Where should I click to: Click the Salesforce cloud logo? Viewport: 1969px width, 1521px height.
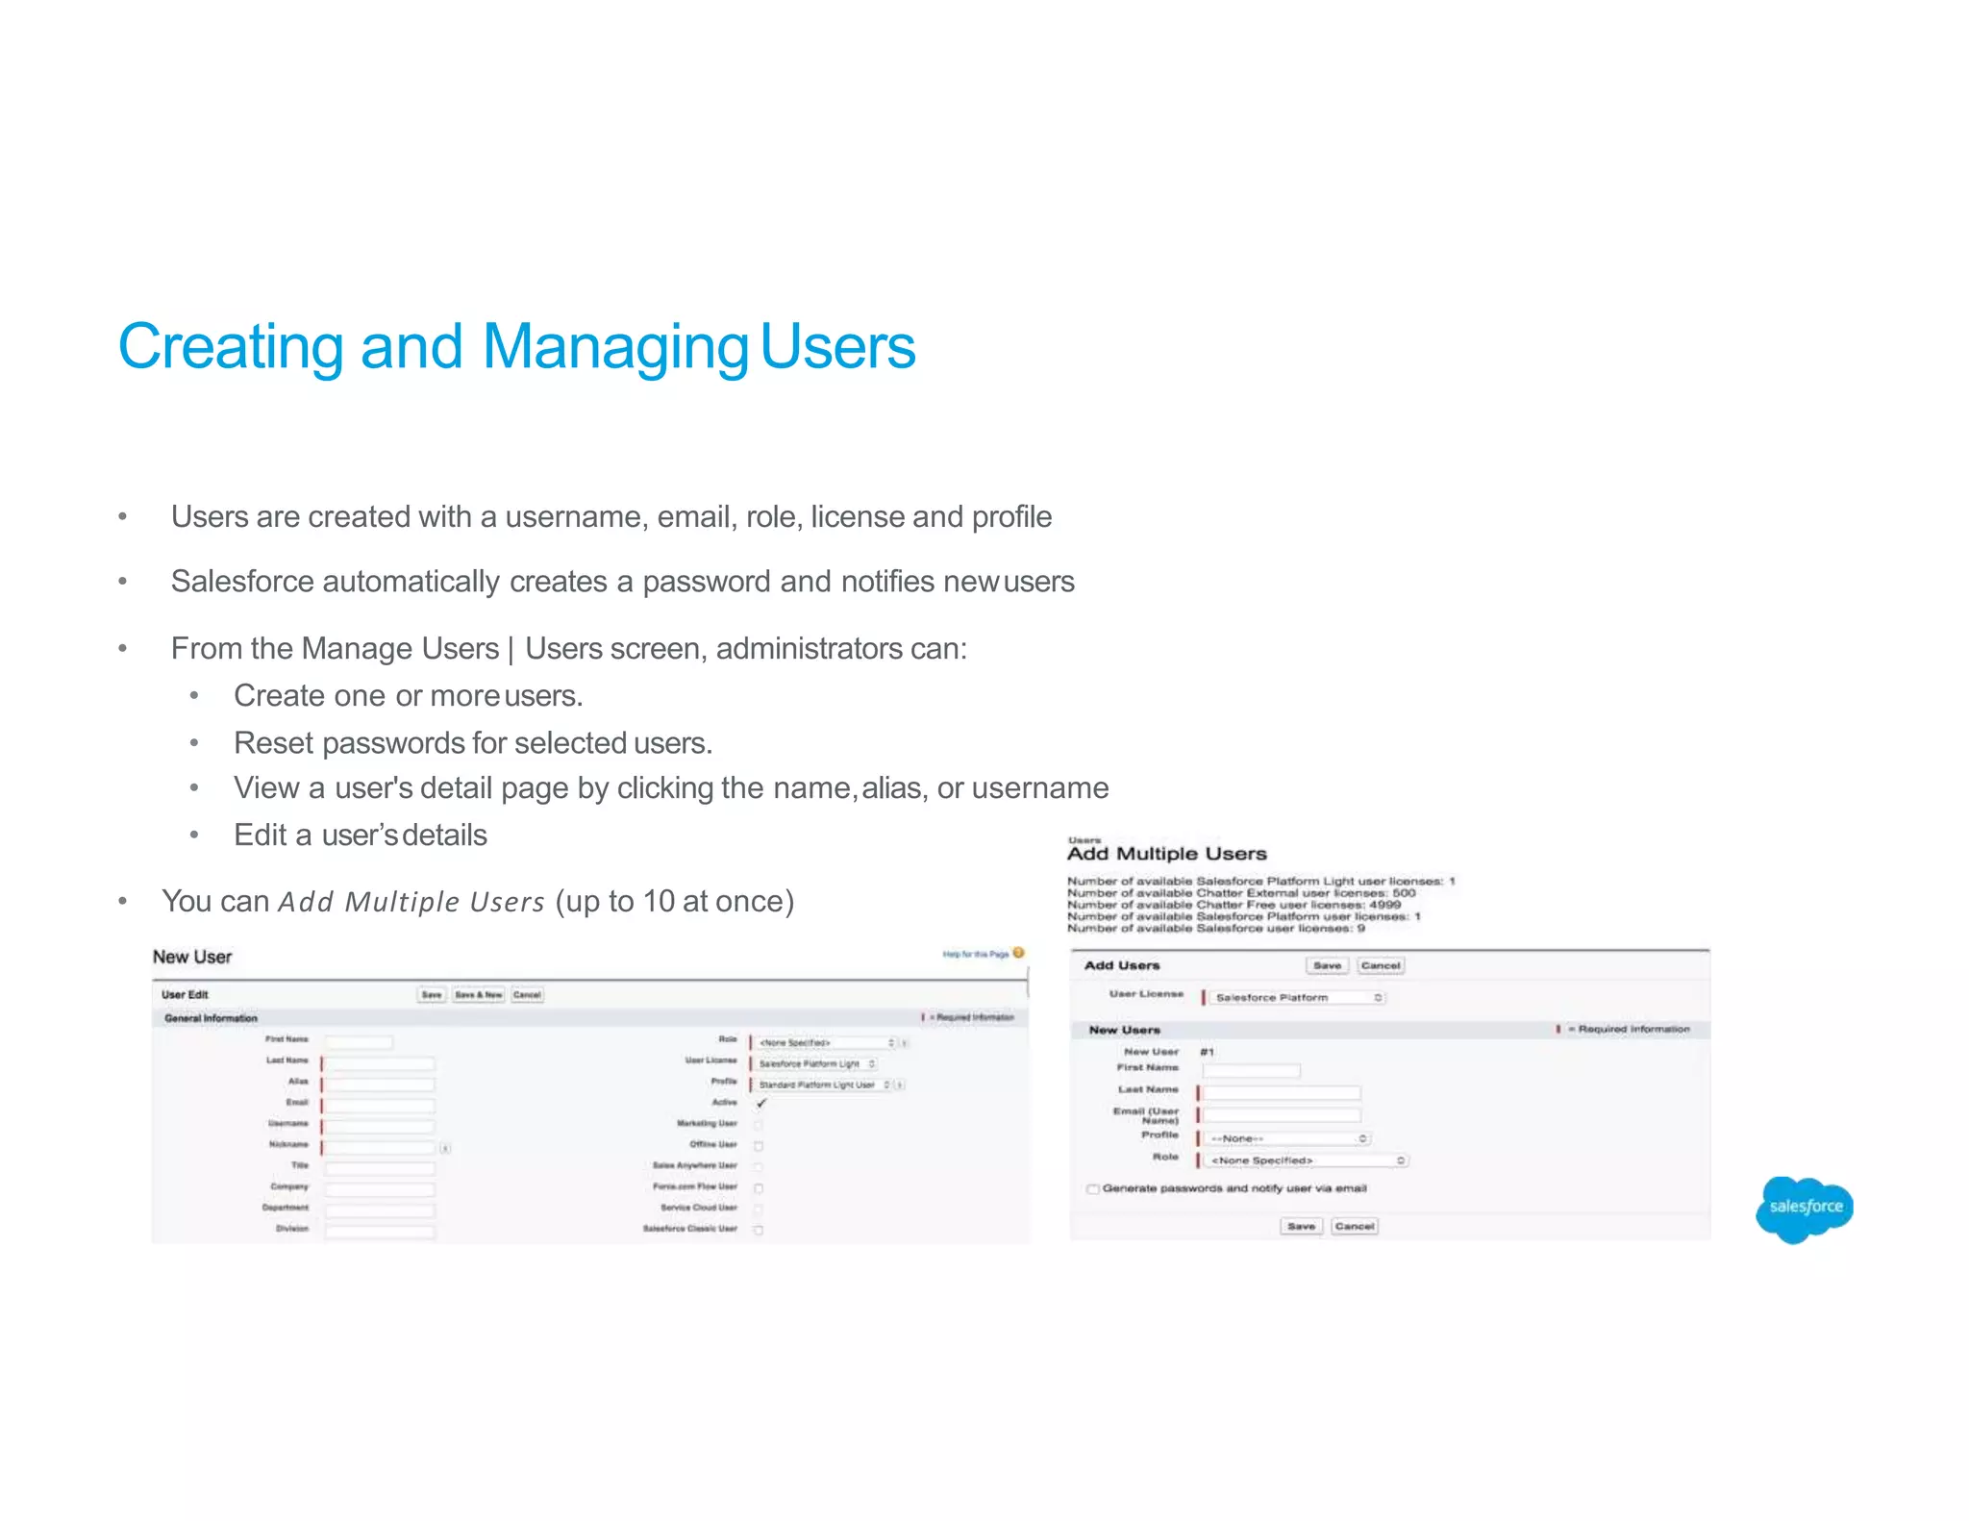pos(1804,1208)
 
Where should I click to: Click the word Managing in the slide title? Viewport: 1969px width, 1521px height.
pos(614,347)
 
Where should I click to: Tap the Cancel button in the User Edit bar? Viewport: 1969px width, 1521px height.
pos(527,995)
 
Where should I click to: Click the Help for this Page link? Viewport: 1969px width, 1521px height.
pos(976,954)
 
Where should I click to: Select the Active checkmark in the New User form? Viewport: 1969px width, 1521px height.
pos(761,1103)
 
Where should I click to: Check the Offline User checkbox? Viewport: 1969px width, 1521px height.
pos(759,1145)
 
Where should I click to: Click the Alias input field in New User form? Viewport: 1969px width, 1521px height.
pos(379,1084)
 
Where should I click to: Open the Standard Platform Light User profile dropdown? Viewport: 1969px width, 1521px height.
pos(824,1085)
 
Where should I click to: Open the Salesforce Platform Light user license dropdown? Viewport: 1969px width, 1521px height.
pos(815,1063)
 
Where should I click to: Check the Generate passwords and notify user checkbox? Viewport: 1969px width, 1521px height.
pos(1093,1189)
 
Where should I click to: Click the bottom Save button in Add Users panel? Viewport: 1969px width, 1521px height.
pos(1301,1226)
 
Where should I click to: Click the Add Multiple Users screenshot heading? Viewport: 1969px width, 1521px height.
pos(1166,854)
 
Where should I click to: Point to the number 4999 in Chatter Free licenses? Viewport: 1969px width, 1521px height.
pos(1384,905)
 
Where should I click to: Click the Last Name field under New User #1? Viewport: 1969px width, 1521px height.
pos(1283,1092)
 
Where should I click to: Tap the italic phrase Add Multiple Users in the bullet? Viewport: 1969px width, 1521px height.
pos(411,902)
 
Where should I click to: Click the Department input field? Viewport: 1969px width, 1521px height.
pos(379,1209)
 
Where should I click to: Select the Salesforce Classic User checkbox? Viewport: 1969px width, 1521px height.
pos(759,1230)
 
